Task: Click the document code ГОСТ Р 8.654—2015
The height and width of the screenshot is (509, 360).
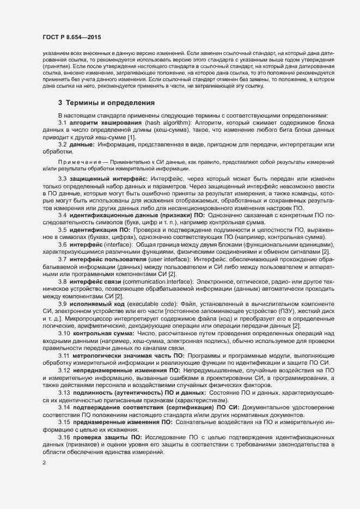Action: [71, 36]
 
